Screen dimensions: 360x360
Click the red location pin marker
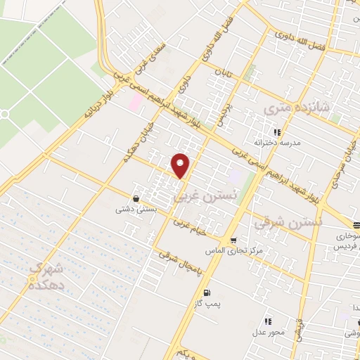click(181, 165)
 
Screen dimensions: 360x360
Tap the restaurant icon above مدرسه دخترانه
click(278, 131)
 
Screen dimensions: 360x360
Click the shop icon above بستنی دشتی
click(135, 198)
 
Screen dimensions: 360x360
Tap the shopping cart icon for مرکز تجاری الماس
click(233, 240)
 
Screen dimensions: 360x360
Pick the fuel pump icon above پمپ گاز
click(205, 292)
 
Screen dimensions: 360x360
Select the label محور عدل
click(270, 330)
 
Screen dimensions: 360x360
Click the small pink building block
click(134, 102)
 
